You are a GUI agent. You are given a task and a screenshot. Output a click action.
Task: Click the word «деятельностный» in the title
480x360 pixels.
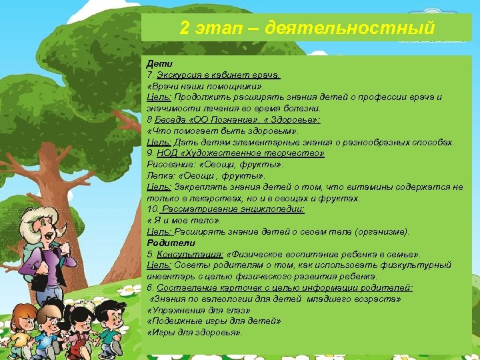(x=350, y=29)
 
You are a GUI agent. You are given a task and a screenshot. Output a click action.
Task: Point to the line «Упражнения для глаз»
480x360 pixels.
(x=199, y=311)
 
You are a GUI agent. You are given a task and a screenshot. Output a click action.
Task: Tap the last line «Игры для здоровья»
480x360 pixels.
(x=195, y=333)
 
